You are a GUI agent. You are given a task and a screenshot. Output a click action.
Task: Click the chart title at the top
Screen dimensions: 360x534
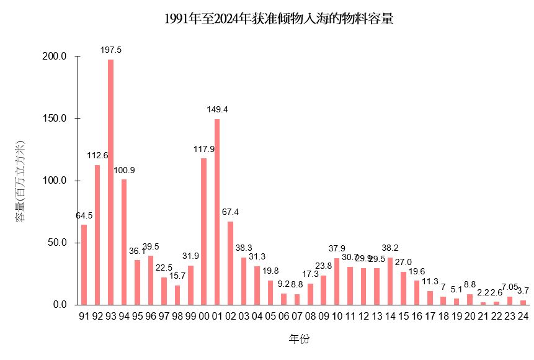[x=279, y=19]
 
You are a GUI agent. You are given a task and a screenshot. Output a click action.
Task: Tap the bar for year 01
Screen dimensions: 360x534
[x=217, y=212]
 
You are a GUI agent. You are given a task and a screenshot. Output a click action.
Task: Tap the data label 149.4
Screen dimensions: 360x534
[x=217, y=109]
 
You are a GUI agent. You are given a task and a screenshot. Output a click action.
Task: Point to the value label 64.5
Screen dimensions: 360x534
[x=84, y=215]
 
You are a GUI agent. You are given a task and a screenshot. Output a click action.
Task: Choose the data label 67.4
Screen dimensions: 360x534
[x=230, y=212]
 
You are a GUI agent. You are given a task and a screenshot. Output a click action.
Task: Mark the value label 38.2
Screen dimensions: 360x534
[x=390, y=247]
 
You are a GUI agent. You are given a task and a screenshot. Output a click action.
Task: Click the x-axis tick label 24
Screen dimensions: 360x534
[x=523, y=316]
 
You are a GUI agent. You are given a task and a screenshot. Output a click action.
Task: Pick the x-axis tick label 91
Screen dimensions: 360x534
[x=84, y=316]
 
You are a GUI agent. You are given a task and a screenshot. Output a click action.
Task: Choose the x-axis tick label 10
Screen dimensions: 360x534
[x=337, y=316]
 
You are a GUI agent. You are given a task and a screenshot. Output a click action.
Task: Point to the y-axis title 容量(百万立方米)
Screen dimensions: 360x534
[x=20, y=181]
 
